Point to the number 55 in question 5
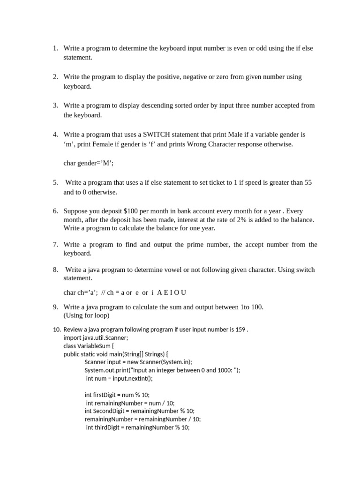pos(308,182)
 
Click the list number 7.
pos(55,244)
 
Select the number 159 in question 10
pos(240,329)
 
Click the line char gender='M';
pos(89,163)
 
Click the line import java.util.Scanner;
pos(96,337)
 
